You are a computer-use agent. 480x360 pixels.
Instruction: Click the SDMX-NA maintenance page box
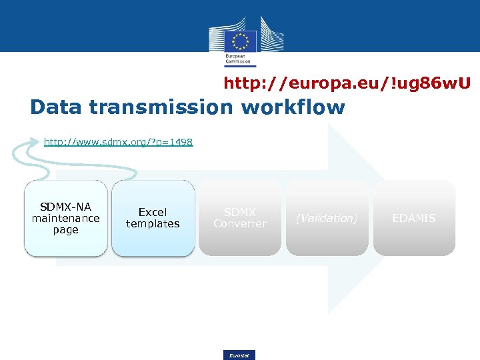[x=65, y=218]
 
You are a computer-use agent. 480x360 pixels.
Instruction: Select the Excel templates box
[x=153, y=218]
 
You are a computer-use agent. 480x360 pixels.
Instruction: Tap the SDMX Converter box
[x=239, y=218]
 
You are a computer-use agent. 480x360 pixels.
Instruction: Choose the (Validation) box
[x=327, y=218]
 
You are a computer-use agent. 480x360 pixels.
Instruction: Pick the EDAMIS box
[x=414, y=218]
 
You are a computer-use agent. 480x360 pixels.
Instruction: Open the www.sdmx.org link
[x=118, y=142]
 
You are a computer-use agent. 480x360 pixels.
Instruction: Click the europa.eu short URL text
[x=347, y=83]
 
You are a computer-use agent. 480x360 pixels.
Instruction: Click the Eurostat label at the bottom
[x=239, y=355]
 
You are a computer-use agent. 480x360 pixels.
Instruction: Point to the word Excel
[x=153, y=212]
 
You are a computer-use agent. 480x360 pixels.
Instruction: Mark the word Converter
[x=240, y=224]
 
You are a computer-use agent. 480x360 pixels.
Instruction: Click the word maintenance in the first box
[x=65, y=218]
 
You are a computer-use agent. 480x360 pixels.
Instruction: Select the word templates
[x=153, y=224]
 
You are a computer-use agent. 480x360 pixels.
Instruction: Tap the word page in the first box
[x=65, y=230]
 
